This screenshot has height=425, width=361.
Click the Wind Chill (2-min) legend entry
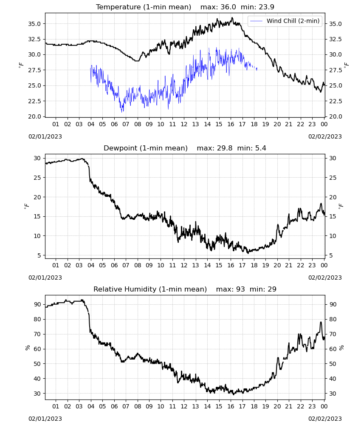285,21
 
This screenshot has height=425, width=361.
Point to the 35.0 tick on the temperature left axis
34,24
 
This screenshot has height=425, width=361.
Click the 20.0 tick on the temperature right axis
336,116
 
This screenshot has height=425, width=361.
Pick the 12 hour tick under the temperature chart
184,124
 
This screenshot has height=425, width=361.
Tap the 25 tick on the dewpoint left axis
37,178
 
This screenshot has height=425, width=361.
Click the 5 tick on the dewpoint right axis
331,255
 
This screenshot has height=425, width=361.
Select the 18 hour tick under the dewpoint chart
254,265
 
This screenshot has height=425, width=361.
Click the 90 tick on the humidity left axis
37,304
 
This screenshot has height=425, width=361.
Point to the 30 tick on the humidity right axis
333,394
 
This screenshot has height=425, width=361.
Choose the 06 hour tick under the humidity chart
114,406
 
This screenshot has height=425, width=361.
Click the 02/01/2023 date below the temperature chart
45,136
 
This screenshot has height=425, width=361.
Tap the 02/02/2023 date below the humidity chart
325,419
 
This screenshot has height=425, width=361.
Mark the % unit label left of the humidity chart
28,348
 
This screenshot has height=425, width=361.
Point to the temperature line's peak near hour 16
232,18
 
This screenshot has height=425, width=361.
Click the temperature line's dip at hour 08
137,61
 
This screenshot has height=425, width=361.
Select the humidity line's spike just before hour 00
321,322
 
